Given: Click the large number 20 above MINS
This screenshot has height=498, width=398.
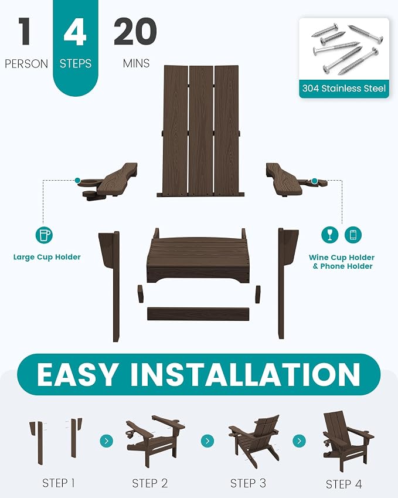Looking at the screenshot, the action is [135, 31].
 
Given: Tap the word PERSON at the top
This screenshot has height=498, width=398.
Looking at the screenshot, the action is [26, 64].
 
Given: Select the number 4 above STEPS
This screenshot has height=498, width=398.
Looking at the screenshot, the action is [75, 32].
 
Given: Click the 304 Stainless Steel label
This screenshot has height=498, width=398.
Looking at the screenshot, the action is [344, 89].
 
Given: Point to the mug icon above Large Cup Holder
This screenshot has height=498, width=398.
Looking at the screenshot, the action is [44, 235].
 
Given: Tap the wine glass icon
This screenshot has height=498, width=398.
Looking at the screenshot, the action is [330, 235].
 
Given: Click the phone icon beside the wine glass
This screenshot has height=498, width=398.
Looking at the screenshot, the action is [353, 235].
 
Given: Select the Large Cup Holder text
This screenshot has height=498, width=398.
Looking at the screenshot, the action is [47, 257].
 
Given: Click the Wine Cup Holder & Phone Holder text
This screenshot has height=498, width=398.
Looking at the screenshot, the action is [342, 262].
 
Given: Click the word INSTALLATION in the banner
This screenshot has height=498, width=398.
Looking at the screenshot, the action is [246, 374].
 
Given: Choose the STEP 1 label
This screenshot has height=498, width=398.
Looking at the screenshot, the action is [59, 483].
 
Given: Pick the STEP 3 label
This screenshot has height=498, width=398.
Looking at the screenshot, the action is [248, 483].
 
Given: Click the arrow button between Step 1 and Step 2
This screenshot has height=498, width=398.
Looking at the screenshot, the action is [106, 441].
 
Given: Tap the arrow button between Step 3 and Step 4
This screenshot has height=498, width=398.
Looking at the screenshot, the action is [299, 441].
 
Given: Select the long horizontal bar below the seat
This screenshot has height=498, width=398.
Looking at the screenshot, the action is [198, 314].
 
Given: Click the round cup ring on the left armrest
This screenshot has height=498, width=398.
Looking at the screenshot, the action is [89, 183].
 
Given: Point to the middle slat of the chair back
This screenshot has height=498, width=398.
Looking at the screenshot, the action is [201, 130].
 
